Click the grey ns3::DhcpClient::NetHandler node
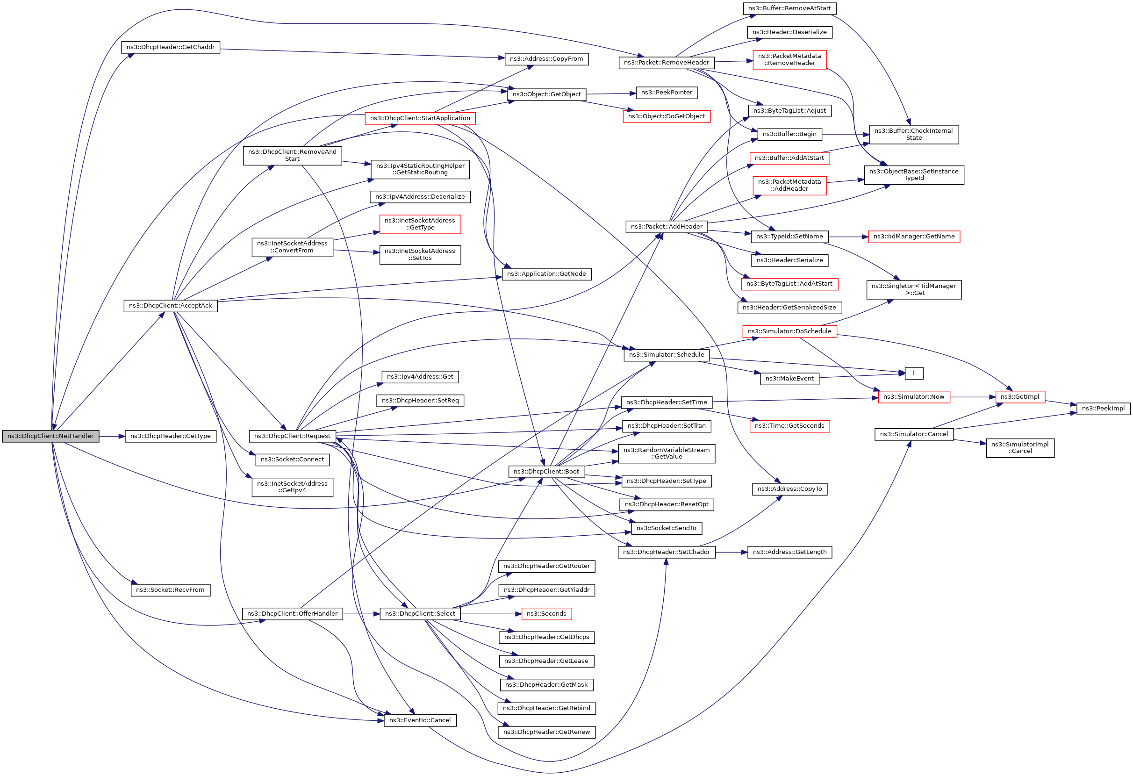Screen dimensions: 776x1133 (x=50, y=436)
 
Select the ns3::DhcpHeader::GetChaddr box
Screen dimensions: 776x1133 (x=171, y=47)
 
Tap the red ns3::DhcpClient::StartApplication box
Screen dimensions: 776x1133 (x=420, y=118)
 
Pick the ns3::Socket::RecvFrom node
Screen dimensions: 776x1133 (x=170, y=590)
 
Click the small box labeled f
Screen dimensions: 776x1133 (x=914, y=373)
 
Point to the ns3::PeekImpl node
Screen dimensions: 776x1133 (x=1103, y=409)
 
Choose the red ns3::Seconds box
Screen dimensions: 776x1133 (x=546, y=614)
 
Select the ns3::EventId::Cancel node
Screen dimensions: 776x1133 (x=420, y=720)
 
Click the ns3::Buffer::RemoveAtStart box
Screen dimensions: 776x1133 (x=789, y=8)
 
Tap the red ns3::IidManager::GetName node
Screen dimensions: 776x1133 (x=914, y=237)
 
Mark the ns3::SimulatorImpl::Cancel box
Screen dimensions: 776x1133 (x=1020, y=447)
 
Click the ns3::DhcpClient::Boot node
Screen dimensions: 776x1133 (x=546, y=471)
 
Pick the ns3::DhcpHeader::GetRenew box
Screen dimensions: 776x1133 (x=546, y=732)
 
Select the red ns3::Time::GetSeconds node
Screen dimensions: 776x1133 (x=789, y=426)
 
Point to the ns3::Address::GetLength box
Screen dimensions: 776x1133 (x=789, y=552)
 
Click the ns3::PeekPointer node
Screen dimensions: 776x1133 (x=667, y=93)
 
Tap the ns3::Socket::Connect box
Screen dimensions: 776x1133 (x=292, y=459)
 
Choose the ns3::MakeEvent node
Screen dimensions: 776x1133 (x=789, y=379)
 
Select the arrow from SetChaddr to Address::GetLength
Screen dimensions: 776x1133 (x=731, y=552)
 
